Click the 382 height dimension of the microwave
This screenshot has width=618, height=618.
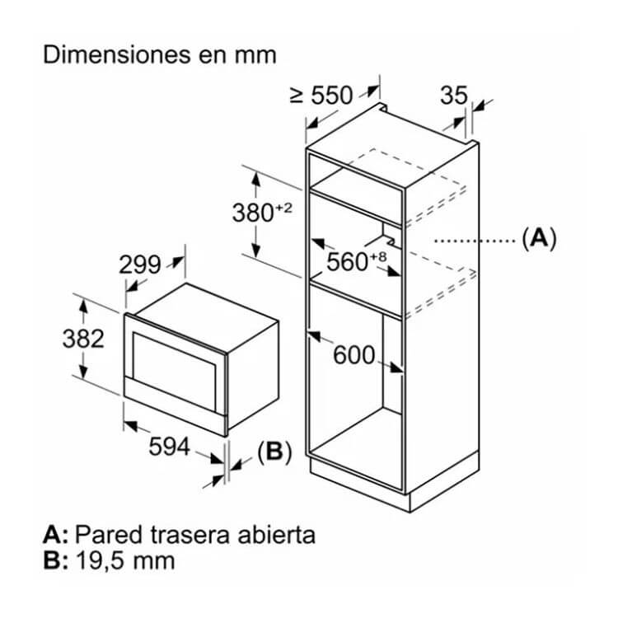tap(83, 339)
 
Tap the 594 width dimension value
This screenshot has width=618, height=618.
tap(170, 447)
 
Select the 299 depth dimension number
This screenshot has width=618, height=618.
tap(140, 265)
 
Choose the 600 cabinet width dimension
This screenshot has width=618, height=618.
tap(354, 354)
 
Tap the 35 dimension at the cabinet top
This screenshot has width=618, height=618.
tap(454, 96)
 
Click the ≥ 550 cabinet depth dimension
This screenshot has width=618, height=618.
tap(321, 96)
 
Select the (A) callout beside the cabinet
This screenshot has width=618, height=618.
tap(539, 238)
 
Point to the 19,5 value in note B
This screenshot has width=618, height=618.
tap(101, 561)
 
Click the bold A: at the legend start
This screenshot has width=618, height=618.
tap(55, 535)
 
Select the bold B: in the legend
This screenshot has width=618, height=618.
tap(55, 561)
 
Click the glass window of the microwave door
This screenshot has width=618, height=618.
tap(174, 372)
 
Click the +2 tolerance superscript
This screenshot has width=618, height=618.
tap(283, 208)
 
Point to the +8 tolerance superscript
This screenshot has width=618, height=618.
tap(378, 257)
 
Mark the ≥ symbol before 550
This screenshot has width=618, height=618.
tap(297, 96)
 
